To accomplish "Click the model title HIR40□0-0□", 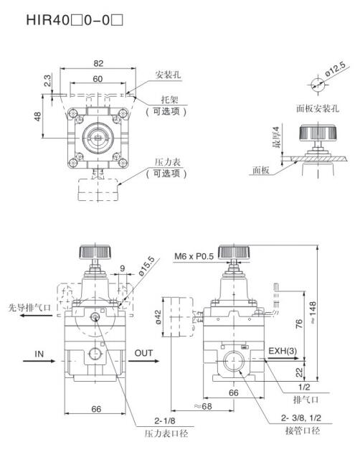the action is point(75,21).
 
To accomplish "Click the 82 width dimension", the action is point(98,63).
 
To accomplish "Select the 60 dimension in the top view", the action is point(98,79).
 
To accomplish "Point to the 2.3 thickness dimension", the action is point(47,80).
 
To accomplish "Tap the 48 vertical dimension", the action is point(38,116).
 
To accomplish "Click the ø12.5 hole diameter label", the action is point(335,70).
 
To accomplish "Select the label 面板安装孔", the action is point(318,108).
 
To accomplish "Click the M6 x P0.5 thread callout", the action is point(194,256).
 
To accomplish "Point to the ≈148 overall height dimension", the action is point(313,313).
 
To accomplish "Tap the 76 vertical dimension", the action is point(300,324).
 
